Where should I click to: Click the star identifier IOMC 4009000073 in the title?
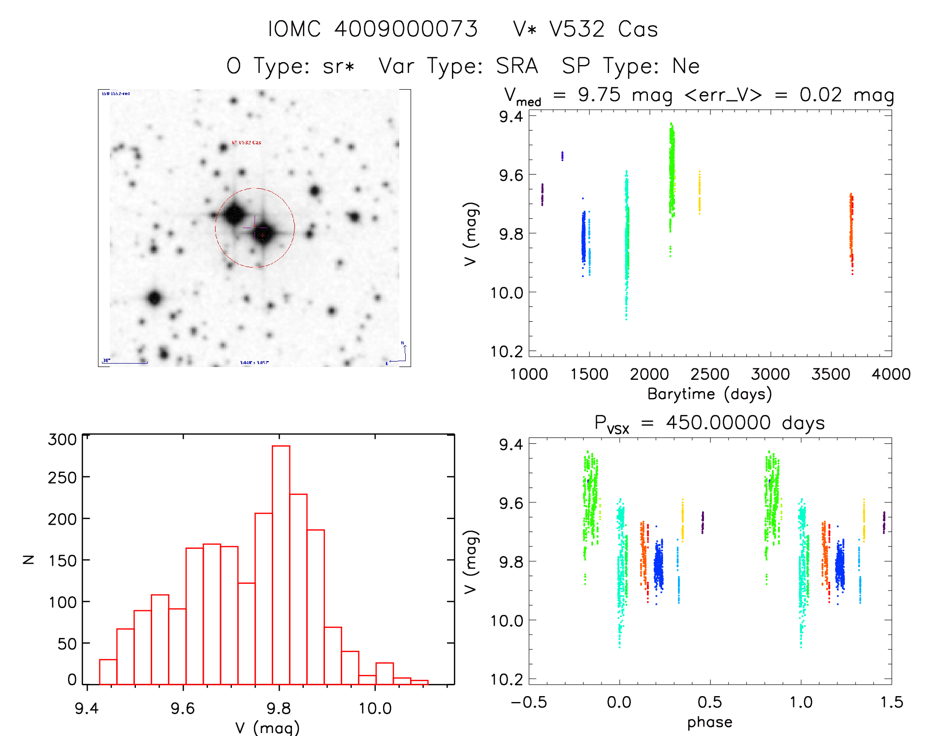pyautogui.click(x=373, y=29)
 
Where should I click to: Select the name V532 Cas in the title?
pyautogui.click(x=585, y=29)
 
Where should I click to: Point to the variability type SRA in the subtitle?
pyautogui.click(x=516, y=66)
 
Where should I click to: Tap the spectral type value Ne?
pyautogui.click(x=686, y=66)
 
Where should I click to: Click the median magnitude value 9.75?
pyautogui.click(x=599, y=95)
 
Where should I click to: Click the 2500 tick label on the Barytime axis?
pyautogui.click(x=709, y=374)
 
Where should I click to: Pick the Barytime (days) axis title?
pyautogui.click(x=709, y=394)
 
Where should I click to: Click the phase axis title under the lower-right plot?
pyautogui.click(x=709, y=722)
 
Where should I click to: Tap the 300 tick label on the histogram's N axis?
pyautogui.click(x=63, y=439)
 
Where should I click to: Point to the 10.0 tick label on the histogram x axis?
pyautogui.click(x=375, y=708)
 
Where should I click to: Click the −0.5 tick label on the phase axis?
pyautogui.click(x=529, y=702)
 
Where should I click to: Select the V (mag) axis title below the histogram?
pyautogui.click(x=267, y=728)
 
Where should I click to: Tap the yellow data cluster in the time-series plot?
pyautogui.click(x=699, y=193)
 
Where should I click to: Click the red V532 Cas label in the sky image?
pyautogui.click(x=247, y=142)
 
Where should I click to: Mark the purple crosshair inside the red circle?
pyautogui.click(x=255, y=227)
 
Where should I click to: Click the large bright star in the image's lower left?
pyautogui.click(x=155, y=298)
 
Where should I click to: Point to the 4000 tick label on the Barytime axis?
pyautogui.click(x=891, y=374)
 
